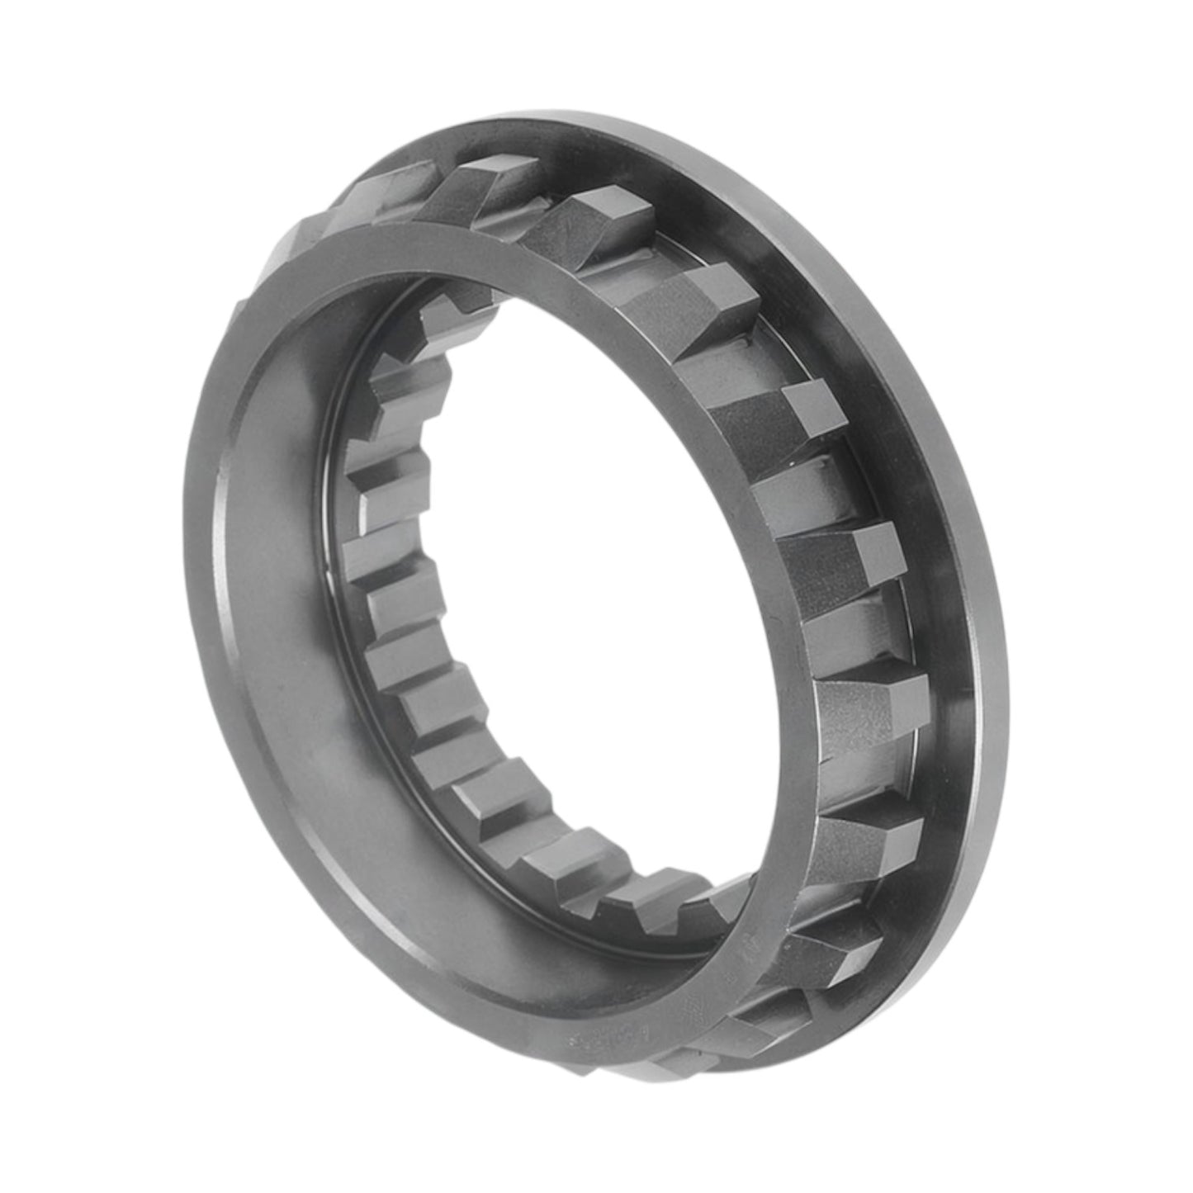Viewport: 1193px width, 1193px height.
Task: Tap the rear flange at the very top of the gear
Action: click(x=578, y=132)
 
